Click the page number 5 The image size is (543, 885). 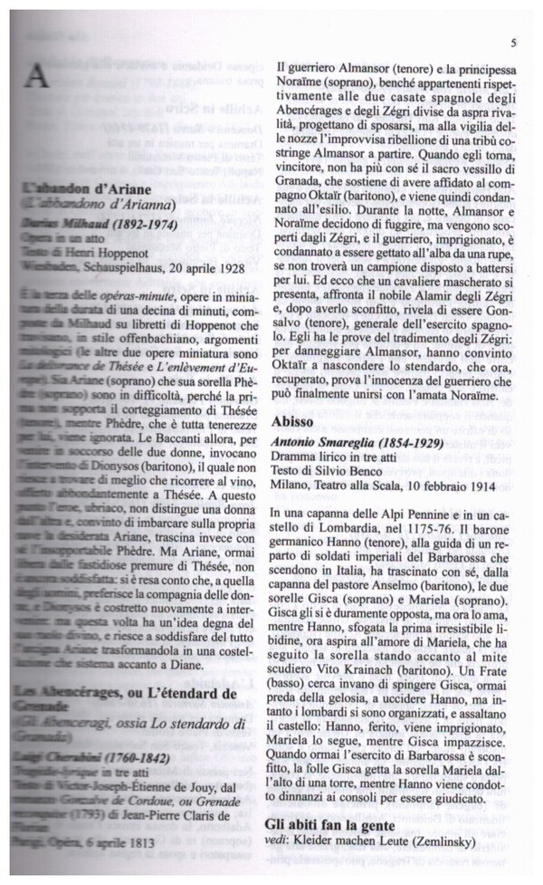(x=513, y=43)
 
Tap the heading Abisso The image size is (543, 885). (x=297, y=422)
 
